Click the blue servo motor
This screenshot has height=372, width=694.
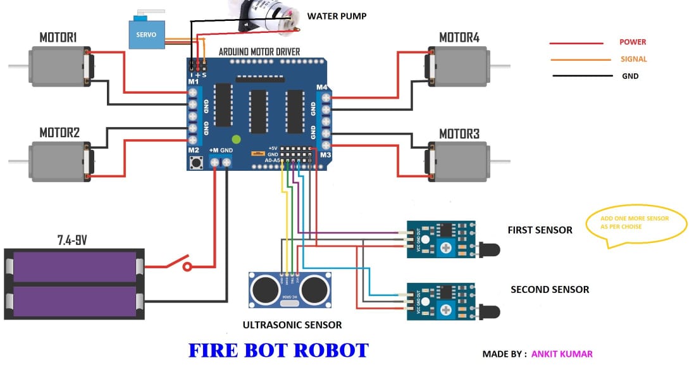pyautogui.click(x=147, y=34)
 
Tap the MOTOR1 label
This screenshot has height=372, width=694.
pyautogui.click(x=58, y=38)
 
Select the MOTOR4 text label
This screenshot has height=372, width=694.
pyautogui.click(x=459, y=38)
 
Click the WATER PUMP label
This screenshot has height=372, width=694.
pyautogui.click(x=337, y=16)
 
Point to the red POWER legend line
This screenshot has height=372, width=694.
pyautogui.click(x=576, y=43)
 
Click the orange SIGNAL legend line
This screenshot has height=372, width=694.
pyautogui.click(x=576, y=60)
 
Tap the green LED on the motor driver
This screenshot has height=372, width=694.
pyautogui.click(x=237, y=139)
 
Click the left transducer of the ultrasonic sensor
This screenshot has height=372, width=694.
pyautogui.click(x=264, y=290)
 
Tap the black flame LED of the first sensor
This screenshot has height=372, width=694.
pyautogui.click(x=490, y=250)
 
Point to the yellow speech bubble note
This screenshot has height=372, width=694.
pyautogui.click(x=636, y=223)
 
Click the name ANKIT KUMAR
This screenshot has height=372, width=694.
pyautogui.click(x=562, y=354)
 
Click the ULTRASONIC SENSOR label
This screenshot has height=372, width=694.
pyautogui.click(x=292, y=325)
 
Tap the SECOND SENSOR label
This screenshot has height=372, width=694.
pyautogui.click(x=550, y=290)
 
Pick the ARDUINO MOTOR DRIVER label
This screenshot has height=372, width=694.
pyautogui.click(x=259, y=51)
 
